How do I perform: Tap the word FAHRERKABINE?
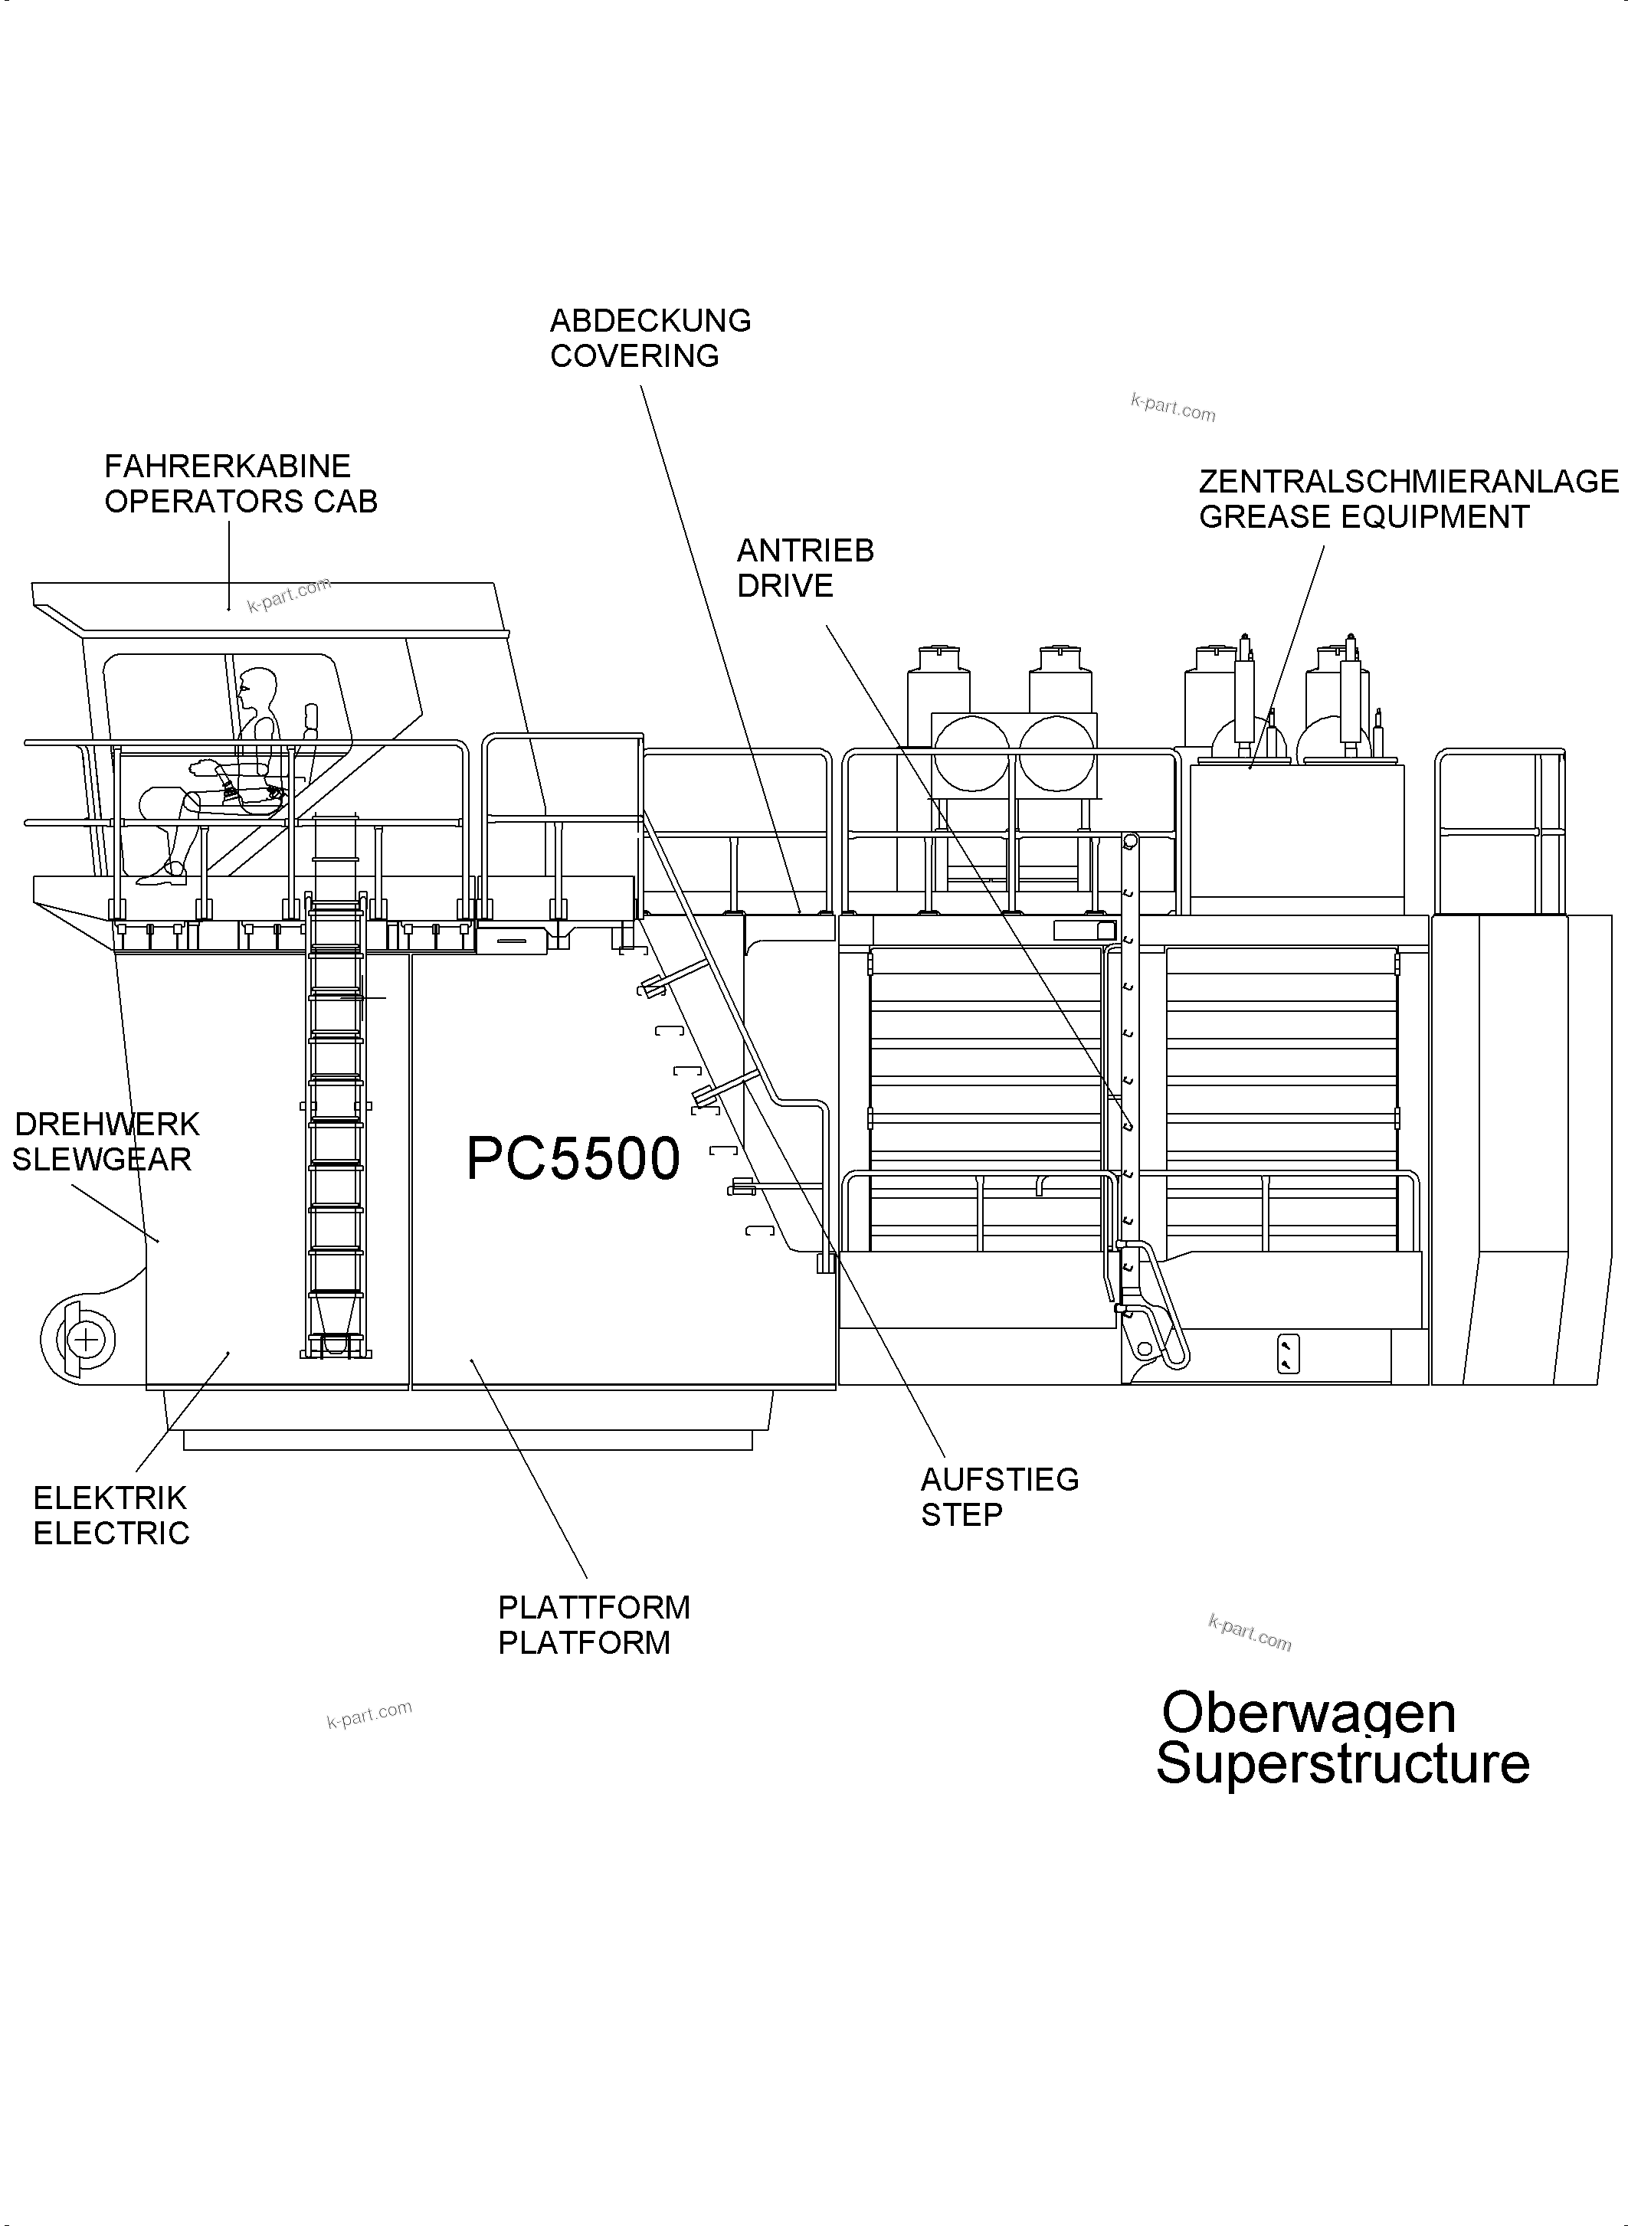click(x=228, y=466)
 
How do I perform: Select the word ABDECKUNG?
click(x=650, y=321)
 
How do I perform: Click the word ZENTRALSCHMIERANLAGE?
click(x=1408, y=482)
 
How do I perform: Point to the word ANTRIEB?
click(x=805, y=551)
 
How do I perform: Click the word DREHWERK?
click(x=107, y=1124)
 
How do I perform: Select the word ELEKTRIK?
click(x=110, y=1498)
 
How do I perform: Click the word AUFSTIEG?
click(x=999, y=1479)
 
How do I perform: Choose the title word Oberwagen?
click(x=1308, y=1713)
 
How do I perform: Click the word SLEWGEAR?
click(x=101, y=1160)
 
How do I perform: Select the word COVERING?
click(x=634, y=355)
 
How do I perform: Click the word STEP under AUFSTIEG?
click(x=961, y=1514)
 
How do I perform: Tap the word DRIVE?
click(x=785, y=586)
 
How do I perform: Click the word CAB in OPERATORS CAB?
click(x=346, y=502)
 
